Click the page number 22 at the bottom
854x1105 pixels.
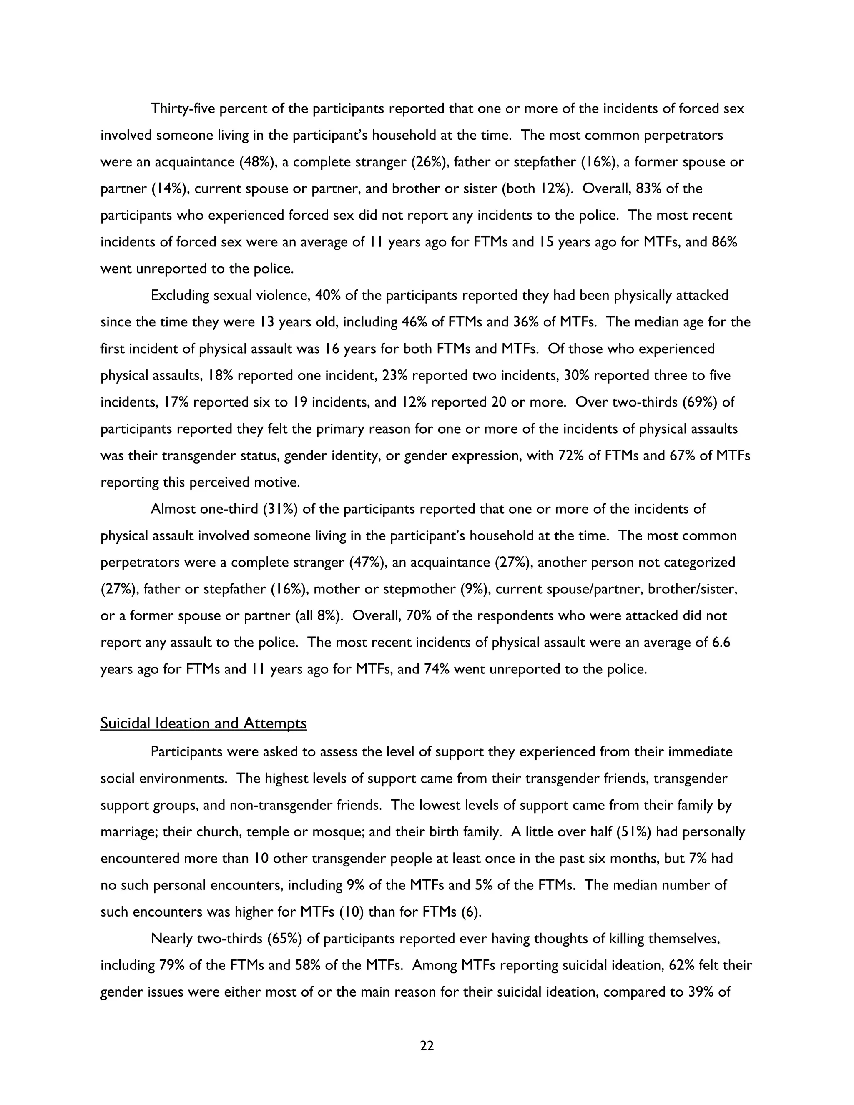(427, 1046)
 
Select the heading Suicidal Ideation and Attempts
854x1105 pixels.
(203, 723)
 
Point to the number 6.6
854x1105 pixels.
(719, 643)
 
